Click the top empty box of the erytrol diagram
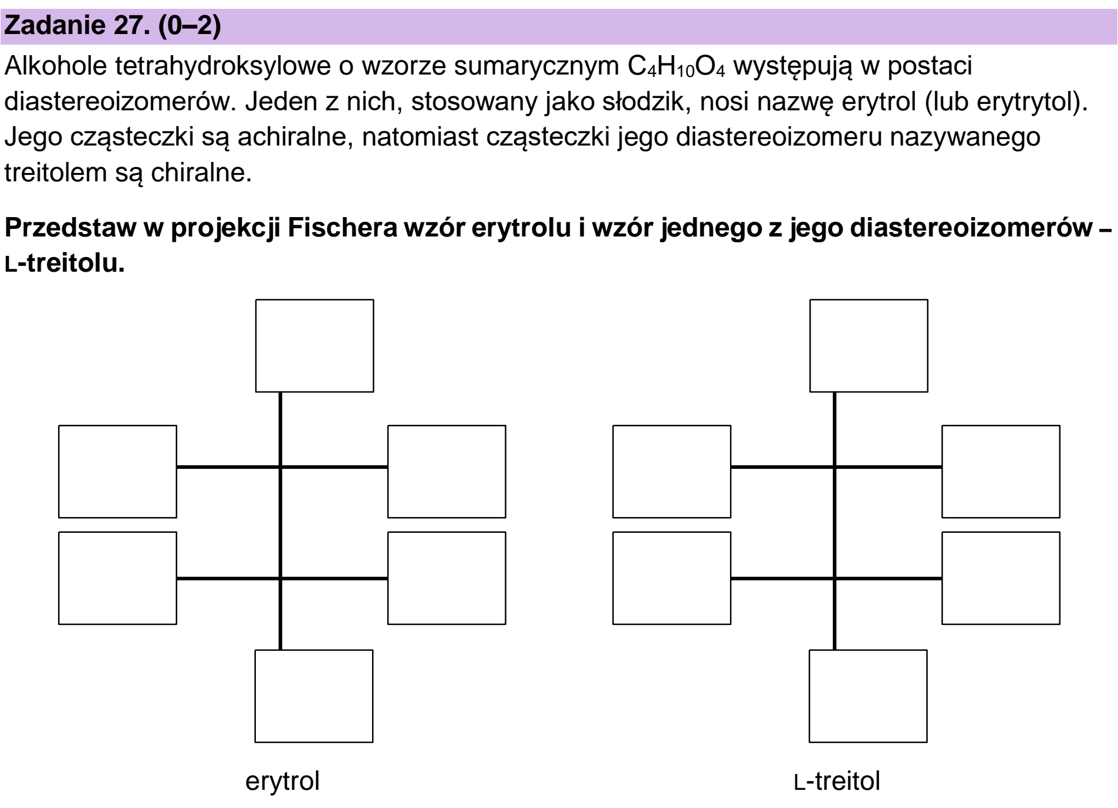[x=315, y=346]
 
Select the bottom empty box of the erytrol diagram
[x=314, y=696]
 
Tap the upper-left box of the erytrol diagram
[x=117, y=472]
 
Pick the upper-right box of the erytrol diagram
[x=447, y=472]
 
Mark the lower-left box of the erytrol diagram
[x=117, y=578]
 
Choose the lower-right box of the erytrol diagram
[x=447, y=578]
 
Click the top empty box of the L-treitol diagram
[x=869, y=346]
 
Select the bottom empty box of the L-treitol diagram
[x=868, y=696]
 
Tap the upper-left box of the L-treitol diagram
[x=672, y=472]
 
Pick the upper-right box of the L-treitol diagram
[x=1001, y=472]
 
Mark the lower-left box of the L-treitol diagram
[x=672, y=578]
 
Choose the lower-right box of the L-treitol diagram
[x=1001, y=578]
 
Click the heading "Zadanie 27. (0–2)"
[x=113, y=27]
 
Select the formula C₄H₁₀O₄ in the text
[x=674, y=68]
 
